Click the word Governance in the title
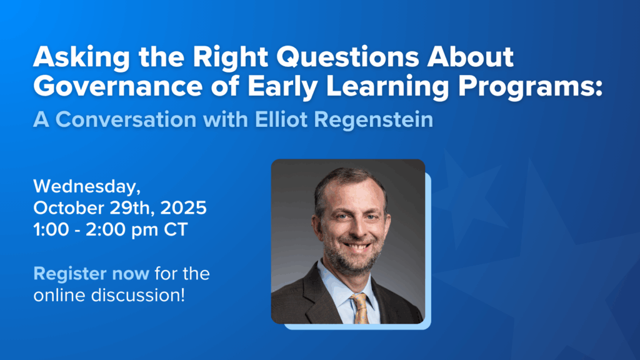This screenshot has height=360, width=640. [118, 86]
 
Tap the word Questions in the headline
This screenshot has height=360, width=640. [347, 56]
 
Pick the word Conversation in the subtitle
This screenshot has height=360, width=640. [126, 119]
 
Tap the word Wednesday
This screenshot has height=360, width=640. [87, 187]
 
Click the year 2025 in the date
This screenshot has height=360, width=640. [183, 207]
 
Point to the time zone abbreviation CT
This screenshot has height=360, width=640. [176, 230]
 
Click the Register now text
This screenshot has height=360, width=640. [91, 274]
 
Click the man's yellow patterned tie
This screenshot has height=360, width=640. [360, 308]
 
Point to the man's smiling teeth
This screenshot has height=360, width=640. [357, 247]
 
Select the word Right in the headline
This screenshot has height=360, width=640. [230, 57]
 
